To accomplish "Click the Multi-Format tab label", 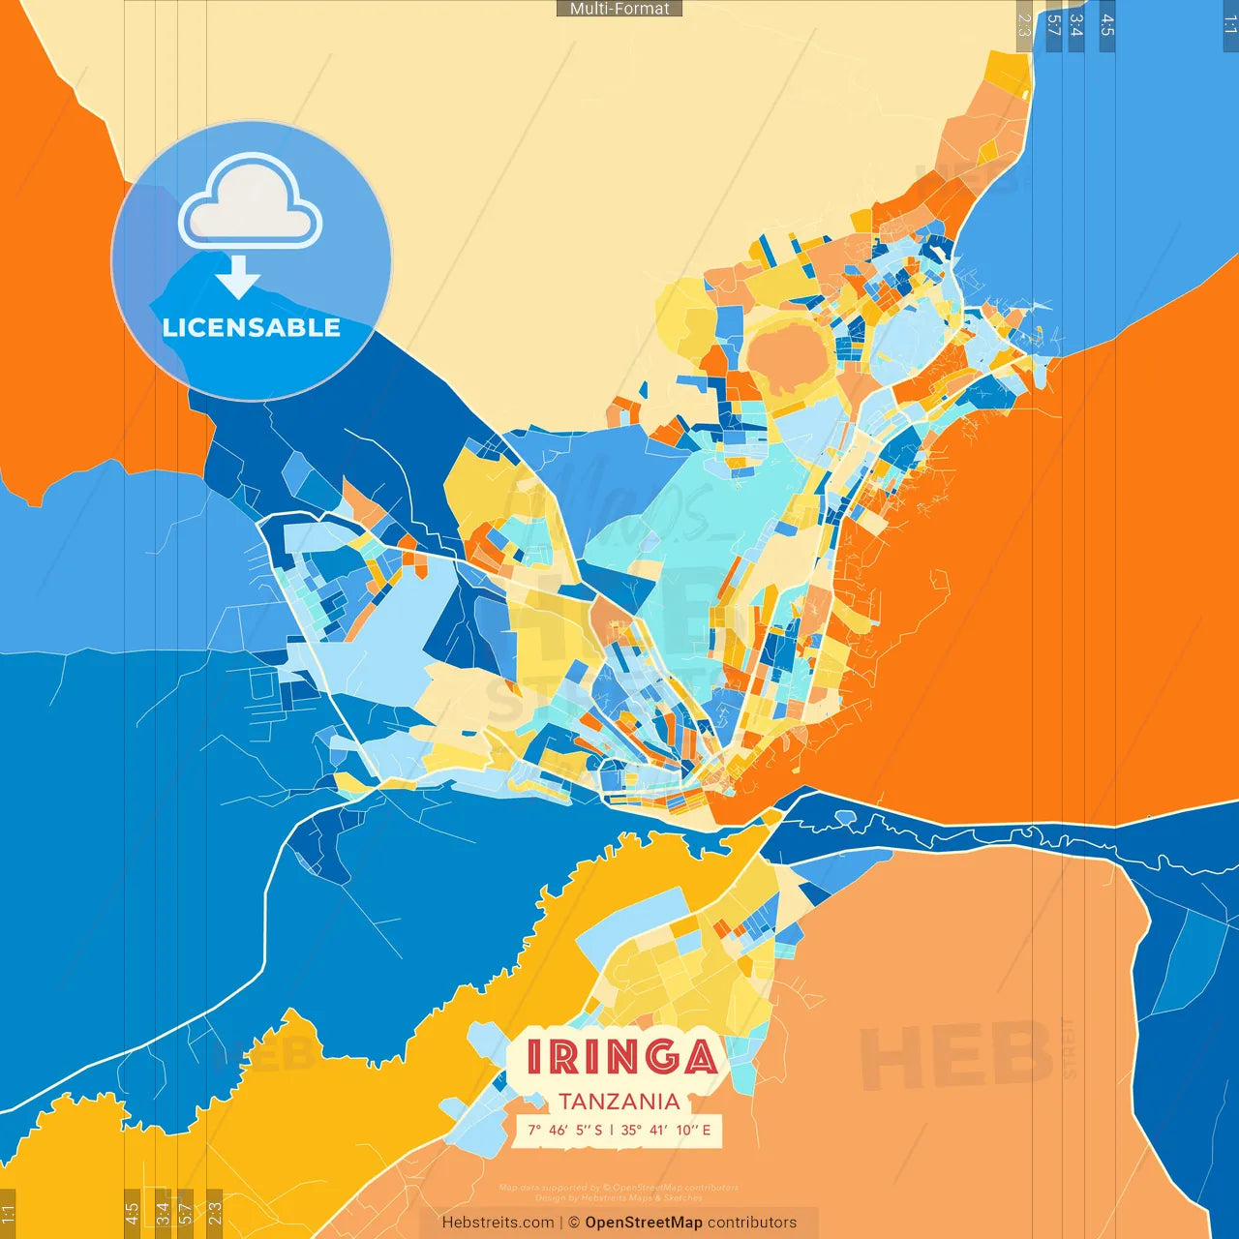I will (x=619, y=9).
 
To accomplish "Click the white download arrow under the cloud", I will (x=238, y=277).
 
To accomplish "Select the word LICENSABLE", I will (x=252, y=328).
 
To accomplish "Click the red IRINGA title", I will (x=620, y=1057).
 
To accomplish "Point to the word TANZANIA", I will (x=619, y=1102).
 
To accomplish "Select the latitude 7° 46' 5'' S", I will (x=565, y=1130).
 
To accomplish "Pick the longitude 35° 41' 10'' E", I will (x=666, y=1130).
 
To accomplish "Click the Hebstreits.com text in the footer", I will (x=498, y=1223).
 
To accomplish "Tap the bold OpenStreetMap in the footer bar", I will (x=644, y=1223).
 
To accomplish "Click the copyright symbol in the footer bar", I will (x=574, y=1223).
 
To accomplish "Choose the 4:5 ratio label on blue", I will (x=1107, y=25).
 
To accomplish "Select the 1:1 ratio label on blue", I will (x=1230, y=25).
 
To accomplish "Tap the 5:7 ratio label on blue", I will (x=1054, y=25).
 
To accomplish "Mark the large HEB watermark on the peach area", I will (x=955, y=1054).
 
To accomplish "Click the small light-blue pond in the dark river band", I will (x=845, y=817).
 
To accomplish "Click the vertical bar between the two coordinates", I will (x=611, y=1130).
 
